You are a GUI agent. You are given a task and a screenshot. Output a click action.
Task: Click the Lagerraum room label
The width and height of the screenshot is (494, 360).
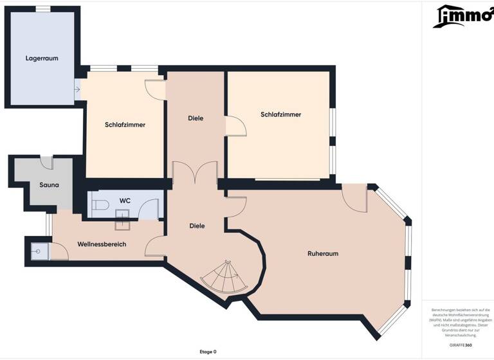42,58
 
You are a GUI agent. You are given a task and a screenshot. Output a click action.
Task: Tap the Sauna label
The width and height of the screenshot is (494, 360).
49,185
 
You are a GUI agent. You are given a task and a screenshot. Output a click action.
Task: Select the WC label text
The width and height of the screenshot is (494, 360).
125,201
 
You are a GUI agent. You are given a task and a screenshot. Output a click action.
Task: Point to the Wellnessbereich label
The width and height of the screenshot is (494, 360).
102,244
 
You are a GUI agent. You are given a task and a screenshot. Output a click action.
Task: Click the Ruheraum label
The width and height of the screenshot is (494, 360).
323,253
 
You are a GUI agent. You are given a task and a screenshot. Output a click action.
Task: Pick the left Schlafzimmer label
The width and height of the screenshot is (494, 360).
125,125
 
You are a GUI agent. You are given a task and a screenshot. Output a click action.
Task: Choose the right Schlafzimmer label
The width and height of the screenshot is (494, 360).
281,114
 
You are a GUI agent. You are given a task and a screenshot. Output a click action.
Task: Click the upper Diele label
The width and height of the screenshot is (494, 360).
196,118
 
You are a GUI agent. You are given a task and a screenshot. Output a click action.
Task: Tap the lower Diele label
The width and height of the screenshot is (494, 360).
197,226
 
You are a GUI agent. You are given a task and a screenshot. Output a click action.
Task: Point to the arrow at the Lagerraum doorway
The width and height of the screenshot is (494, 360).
77,89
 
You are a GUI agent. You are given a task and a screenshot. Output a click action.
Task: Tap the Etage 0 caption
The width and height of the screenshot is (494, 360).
208,352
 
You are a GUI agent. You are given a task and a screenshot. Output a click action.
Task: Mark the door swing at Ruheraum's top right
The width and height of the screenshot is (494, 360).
354,198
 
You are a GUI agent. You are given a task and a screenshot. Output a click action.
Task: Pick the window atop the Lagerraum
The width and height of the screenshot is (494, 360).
43,8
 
